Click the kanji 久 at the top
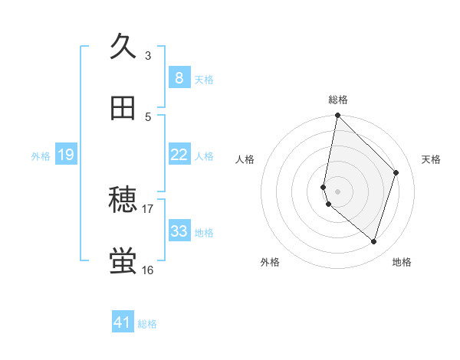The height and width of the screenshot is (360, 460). (123, 47)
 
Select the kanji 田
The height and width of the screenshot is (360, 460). (123, 108)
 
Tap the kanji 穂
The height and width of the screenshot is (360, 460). (123, 201)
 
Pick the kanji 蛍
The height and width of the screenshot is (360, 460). (123, 261)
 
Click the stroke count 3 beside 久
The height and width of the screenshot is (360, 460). (148, 55)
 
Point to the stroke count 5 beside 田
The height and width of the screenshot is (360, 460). (148, 116)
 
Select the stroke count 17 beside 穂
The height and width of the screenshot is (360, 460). (148, 208)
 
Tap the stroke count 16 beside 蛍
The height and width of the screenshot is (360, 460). (148, 270)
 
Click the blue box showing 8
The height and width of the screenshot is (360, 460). (179, 77)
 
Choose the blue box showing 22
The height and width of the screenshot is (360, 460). (179, 155)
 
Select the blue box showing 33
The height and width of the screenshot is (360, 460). (179, 231)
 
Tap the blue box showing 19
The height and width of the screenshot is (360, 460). (65, 155)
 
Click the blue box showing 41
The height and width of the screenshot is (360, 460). (123, 322)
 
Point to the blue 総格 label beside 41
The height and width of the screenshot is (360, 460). (147, 324)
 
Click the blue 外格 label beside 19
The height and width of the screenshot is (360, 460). (41, 156)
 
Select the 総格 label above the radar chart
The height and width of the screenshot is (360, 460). (337, 100)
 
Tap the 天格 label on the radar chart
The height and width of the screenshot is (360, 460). (431, 159)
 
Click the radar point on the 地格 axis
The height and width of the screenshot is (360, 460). (373, 242)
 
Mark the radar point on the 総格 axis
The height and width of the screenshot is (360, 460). (337, 116)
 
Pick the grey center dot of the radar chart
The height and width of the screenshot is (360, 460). (337, 191)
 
